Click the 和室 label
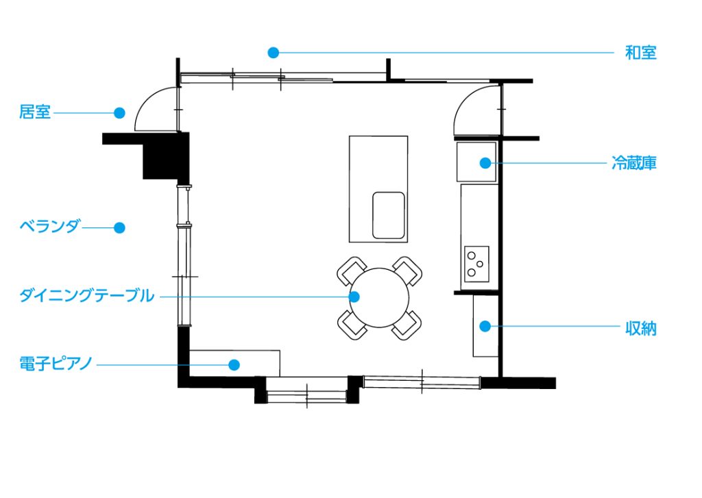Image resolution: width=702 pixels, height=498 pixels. pyautogui.click(x=641, y=53)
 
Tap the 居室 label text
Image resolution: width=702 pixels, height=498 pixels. pyautogui.click(x=34, y=112)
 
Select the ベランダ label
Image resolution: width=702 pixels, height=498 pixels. pyautogui.click(x=49, y=226)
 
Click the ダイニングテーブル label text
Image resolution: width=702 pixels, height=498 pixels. pyautogui.click(x=87, y=296)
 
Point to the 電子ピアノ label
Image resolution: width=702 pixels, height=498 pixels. pyautogui.click(x=56, y=363)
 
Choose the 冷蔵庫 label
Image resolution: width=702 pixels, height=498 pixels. pyautogui.click(x=634, y=163)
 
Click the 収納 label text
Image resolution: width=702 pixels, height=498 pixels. pyautogui.click(x=641, y=328)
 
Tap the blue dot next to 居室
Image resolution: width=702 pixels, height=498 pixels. pyautogui.click(x=119, y=113)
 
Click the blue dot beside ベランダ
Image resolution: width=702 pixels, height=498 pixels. pyautogui.click(x=119, y=227)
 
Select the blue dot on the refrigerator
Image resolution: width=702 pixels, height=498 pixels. pyautogui.click(x=485, y=163)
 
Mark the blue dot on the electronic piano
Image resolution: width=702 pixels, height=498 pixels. pyautogui.click(x=234, y=365)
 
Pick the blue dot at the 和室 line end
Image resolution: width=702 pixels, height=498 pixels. pyautogui.click(x=273, y=53)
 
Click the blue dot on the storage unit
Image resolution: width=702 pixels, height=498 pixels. pyautogui.click(x=485, y=327)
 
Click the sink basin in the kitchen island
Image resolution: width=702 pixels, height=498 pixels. pyautogui.click(x=389, y=216)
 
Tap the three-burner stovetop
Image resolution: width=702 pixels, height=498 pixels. pyautogui.click(x=476, y=264)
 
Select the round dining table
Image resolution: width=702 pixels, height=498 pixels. pyautogui.click(x=379, y=297)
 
